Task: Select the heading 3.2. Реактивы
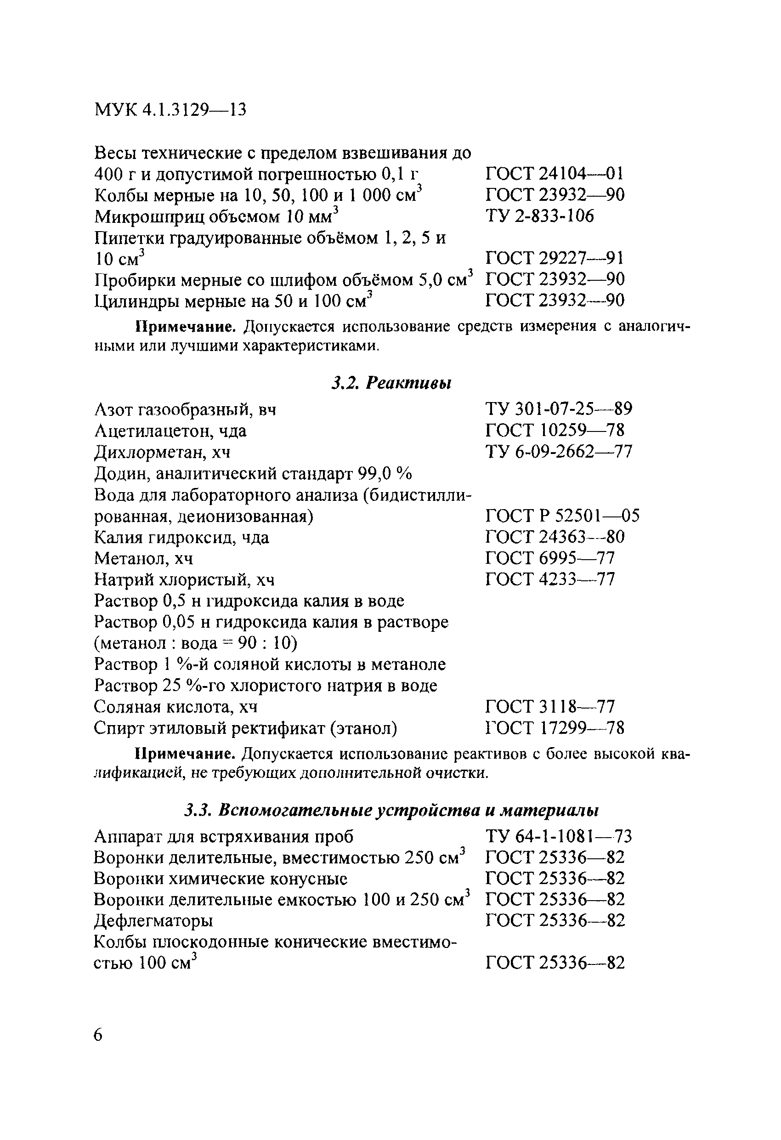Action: point(391,383)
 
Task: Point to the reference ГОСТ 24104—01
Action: point(555,174)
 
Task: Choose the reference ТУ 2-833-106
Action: point(540,216)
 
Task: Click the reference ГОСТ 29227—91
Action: point(555,258)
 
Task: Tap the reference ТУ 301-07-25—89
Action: point(559,408)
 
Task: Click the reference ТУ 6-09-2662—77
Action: point(559,451)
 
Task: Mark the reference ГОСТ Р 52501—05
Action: point(562,516)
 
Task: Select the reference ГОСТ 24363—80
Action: point(555,537)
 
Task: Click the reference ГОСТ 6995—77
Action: point(550,558)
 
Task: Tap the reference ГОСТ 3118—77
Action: point(550,707)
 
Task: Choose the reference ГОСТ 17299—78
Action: point(555,728)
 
